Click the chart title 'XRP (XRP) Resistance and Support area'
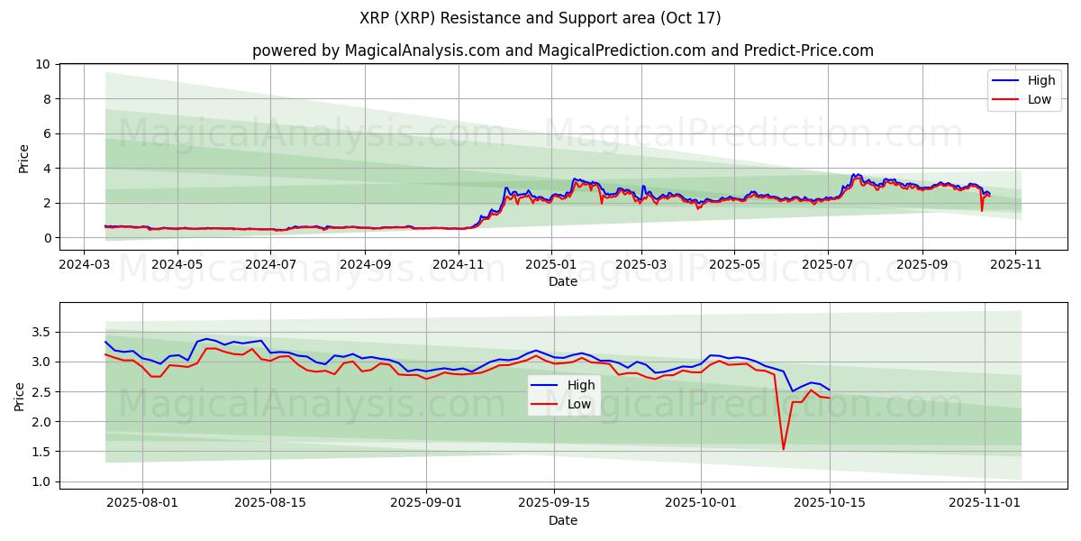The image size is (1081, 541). [x=540, y=18]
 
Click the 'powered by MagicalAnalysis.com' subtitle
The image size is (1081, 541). [x=376, y=50]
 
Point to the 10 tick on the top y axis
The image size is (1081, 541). [x=42, y=64]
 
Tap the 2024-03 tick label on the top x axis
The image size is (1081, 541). [x=84, y=265]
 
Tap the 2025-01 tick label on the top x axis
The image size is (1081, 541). [x=551, y=265]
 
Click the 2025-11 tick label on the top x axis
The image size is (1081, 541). [x=1015, y=265]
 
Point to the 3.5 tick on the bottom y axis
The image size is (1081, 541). [x=40, y=332]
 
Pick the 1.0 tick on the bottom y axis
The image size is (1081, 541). [x=40, y=481]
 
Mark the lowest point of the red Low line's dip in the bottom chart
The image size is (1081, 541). [x=783, y=449]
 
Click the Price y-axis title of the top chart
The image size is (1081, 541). [x=23, y=159]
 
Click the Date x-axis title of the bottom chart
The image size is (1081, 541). [x=563, y=520]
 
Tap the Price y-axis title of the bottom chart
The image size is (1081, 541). [x=20, y=396]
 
